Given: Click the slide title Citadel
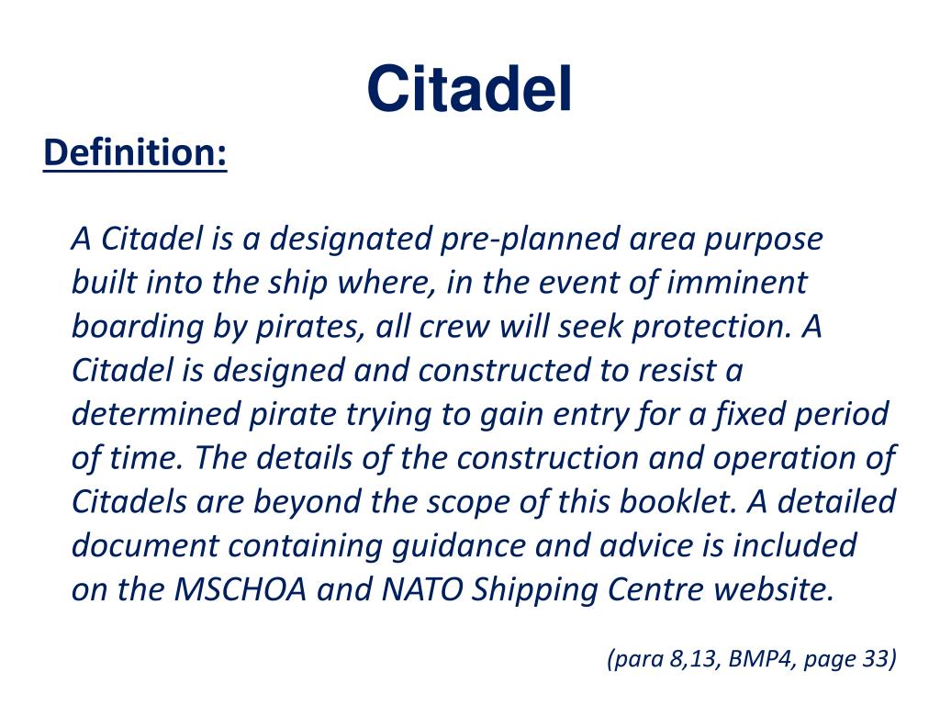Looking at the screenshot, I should click(x=469, y=90).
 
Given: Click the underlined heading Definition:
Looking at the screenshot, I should click(x=135, y=152).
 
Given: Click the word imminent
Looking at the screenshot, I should click(x=737, y=283).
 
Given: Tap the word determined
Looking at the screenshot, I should click(x=156, y=415).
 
